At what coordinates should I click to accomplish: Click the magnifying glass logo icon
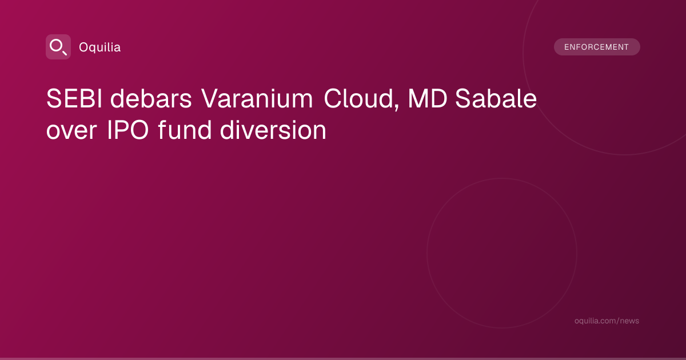click(x=58, y=47)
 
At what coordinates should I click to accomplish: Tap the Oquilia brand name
click(x=100, y=47)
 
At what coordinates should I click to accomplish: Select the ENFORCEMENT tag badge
click(x=597, y=47)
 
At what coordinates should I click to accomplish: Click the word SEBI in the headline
click(x=74, y=98)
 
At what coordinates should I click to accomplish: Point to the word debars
click(x=151, y=98)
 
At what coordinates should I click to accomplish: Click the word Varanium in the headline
click(x=257, y=98)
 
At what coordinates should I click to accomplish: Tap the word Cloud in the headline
click(x=358, y=98)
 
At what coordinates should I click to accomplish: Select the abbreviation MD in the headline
click(x=428, y=98)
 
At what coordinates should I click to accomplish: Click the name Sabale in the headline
click(x=496, y=98)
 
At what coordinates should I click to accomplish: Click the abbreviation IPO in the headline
click(x=128, y=130)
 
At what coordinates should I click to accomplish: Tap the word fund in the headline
click(x=185, y=130)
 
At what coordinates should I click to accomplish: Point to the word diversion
click(x=273, y=130)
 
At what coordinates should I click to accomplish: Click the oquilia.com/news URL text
click(x=607, y=321)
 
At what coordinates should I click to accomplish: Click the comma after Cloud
click(x=397, y=106)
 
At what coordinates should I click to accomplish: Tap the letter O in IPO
click(x=138, y=130)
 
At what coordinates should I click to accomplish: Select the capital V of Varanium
click(x=210, y=98)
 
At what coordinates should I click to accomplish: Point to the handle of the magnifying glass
click(x=64, y=53)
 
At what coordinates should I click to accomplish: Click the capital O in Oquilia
click(x=83, y=47)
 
